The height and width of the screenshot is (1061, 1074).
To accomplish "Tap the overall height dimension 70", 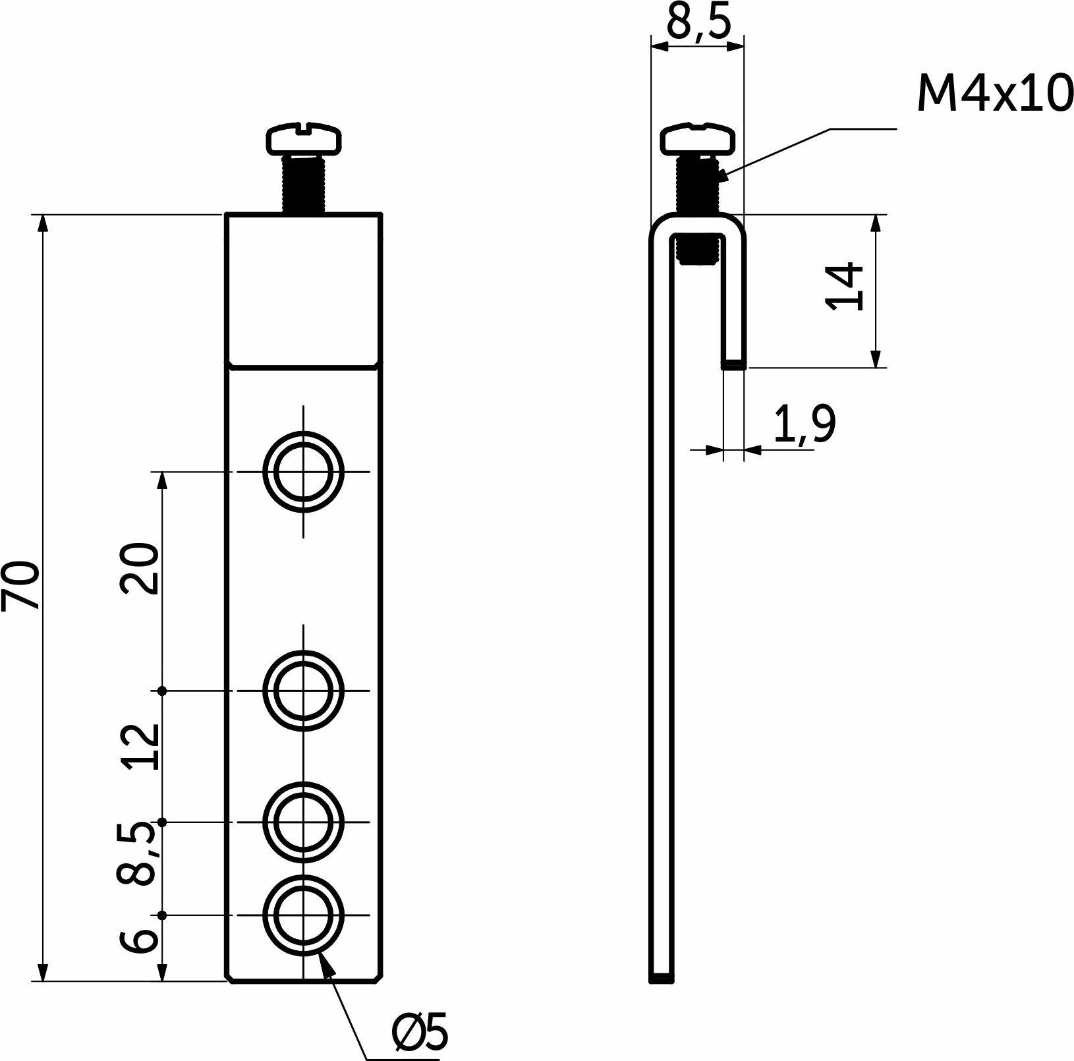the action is tap(20, 585).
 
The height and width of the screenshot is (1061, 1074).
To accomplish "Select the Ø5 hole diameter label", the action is tap(420, 1031).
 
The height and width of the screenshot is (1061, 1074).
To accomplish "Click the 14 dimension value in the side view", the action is tap(844, 285).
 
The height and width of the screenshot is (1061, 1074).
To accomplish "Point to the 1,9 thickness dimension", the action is tap(805, 425).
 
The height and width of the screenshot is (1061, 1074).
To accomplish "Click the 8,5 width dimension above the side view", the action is tap(699, 24).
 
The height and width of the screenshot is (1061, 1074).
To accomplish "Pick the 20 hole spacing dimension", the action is tap(140, 569).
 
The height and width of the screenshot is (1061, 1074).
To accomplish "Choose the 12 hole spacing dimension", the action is tap(140, 747).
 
